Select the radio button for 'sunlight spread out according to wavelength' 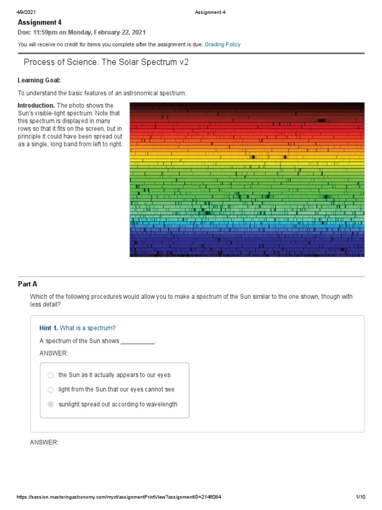[51, 404]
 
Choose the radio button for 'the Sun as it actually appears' [51, 375]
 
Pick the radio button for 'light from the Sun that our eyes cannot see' [51, 389]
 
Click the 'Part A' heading [27, 284]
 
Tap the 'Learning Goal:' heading [39, 80]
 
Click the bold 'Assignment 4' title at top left [40, 22]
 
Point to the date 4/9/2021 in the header [26, 12]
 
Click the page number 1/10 [361, 497]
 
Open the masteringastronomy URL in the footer [119, 497]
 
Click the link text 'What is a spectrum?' [88, 328]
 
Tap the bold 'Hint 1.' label [49, 328]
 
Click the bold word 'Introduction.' [36, 106]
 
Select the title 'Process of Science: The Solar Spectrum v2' [106, 62]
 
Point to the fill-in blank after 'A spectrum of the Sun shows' [138, 341]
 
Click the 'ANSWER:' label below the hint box [44, 442]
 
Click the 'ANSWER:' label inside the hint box [53, 353]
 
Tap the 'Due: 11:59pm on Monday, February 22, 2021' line [82, 33]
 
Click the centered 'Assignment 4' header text [211, 12]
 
